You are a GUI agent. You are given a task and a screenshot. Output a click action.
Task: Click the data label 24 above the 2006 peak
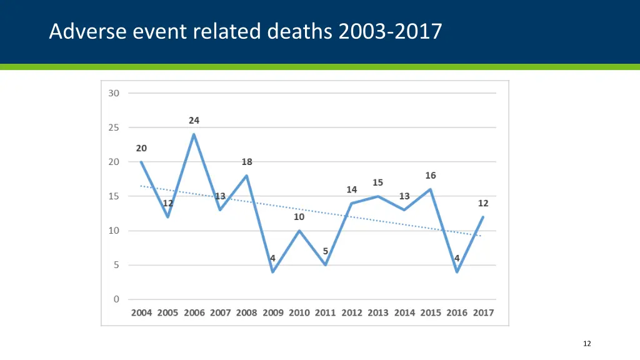click(194, 121)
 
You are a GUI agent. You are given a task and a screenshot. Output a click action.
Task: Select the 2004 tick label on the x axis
click(141, 312)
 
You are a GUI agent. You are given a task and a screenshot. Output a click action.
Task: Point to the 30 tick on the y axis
click(114, 93)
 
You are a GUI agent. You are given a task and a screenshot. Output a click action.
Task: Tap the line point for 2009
click(273, 272)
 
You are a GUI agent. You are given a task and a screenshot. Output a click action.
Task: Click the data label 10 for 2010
click(299, 217)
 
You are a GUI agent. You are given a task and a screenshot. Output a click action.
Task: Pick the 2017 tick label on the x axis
click(483, 312)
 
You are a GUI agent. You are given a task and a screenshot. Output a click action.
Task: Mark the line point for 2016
click(457, 272)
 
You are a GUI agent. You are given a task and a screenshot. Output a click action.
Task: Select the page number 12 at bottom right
click(586, 344)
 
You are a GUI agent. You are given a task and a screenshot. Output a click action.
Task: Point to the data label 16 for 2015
click(431, 176)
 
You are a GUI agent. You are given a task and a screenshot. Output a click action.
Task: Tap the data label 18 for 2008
click(247, 162)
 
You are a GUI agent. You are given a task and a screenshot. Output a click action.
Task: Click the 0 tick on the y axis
click(116, 299)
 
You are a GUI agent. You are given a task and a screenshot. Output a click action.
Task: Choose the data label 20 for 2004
click(141, 149)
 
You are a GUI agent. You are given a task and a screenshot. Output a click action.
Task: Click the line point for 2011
click(326, 265)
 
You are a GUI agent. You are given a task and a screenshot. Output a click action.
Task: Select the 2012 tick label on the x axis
click(352, 312)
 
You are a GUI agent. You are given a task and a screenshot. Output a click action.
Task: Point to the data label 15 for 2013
click(377, 182)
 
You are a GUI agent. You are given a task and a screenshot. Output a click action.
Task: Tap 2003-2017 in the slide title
click(390, 31)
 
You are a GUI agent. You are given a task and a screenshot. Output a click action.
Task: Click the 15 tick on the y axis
click(114, 196)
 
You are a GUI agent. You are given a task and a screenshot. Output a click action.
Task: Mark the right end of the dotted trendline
click(481, 236)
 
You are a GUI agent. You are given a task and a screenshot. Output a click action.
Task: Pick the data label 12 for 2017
click(483, 204)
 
